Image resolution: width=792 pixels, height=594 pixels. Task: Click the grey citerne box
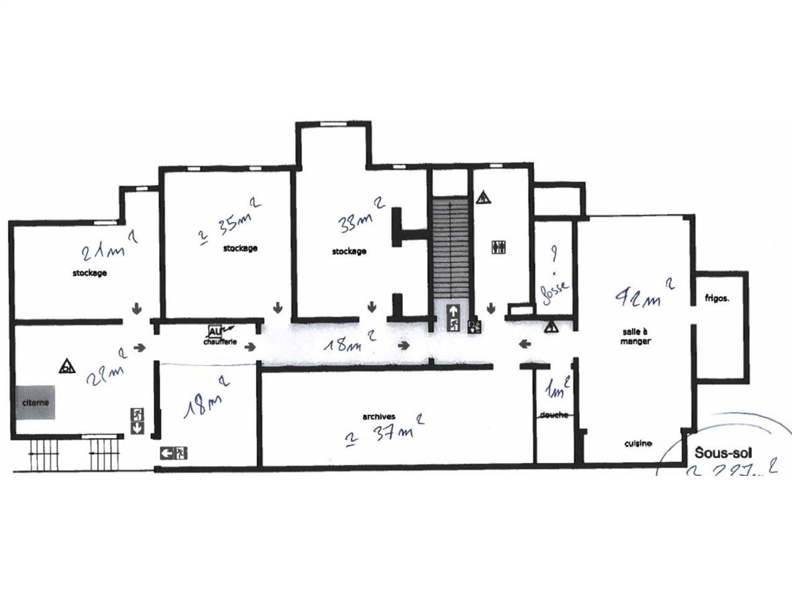pos(36,403)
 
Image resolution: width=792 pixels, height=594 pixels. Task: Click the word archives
pos(379,416)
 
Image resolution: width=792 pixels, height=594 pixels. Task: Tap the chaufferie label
pos(220,341)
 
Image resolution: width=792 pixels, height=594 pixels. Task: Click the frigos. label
pos(717,298)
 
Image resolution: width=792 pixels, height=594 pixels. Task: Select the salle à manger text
pos(635,336)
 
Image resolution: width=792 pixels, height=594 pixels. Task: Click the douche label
pos(554,415)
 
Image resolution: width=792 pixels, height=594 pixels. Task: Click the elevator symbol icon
pos(500,247)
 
